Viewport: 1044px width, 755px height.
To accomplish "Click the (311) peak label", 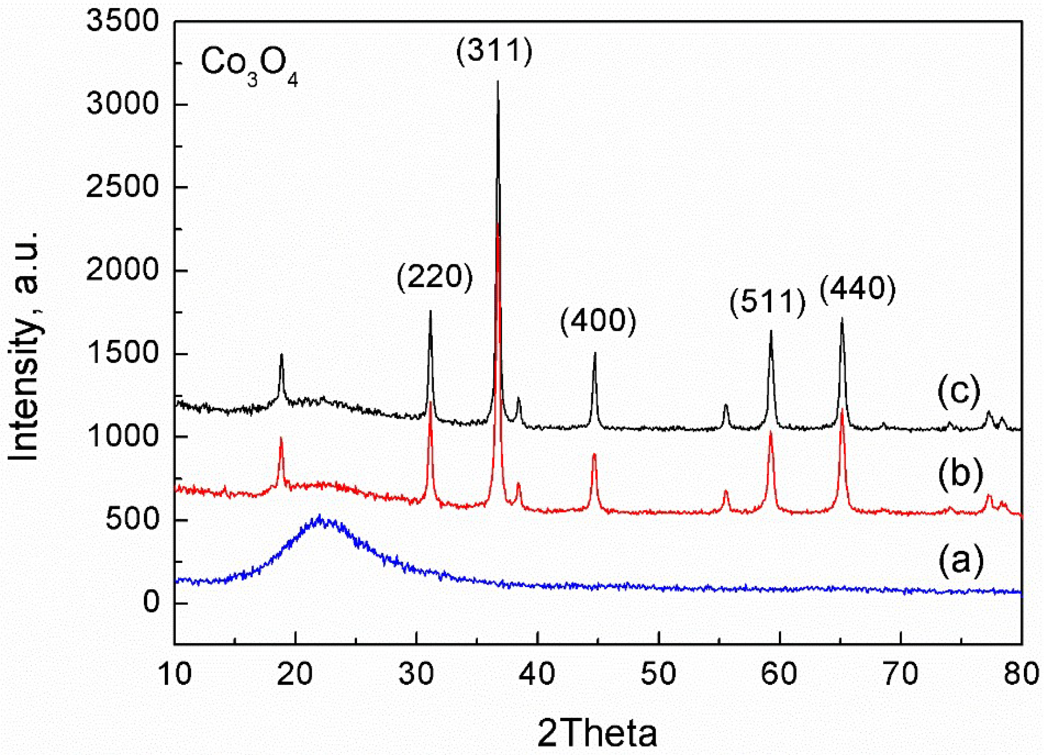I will click(x=494, y=52).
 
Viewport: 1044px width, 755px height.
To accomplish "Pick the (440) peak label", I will click(x=858, y=290).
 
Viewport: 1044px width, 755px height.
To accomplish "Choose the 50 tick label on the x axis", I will click(x=658, y=674).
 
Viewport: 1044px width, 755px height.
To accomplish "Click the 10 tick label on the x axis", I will click(x=175, y=674).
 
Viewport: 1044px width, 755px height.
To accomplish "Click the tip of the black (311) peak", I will click(x=498, y=82).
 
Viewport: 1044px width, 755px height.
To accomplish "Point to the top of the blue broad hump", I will click(x=320, y=517).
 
